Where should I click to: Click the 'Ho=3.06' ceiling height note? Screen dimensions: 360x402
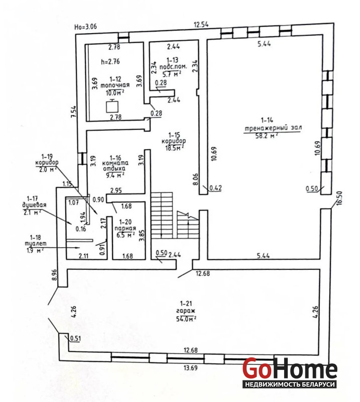tap(85, 27)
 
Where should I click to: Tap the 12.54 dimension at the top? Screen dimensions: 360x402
tap(201, 25)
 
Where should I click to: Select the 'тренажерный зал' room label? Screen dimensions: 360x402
tap(273, 128)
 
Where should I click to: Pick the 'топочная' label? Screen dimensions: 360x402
tap(115, 85)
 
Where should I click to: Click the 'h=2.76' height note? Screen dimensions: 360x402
tap(110, 61)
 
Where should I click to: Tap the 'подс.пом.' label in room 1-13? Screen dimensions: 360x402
tap(173, 67)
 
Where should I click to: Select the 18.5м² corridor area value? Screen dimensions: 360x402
tap(174, 148)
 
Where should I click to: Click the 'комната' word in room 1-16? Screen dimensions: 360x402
tap(115, 163)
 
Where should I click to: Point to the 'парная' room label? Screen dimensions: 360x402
tap(125, 229)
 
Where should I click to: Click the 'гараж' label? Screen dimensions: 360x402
tap(186, 311)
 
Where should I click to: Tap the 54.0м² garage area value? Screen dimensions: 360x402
tap(186, 319)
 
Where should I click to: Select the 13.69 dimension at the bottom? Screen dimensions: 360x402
tap(191, 368)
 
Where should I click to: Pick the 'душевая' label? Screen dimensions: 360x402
tap(34, 205)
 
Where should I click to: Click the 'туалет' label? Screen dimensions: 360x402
tap(35, 244)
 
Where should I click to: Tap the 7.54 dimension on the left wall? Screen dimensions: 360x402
tap(73, 112)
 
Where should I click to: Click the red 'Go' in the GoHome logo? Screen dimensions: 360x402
tap(257, 369)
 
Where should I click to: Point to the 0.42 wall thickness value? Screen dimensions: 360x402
tap(216, 188)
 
